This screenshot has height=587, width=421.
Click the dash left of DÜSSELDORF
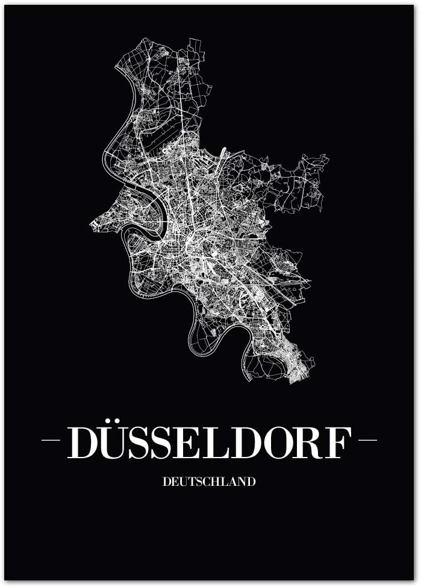[x=51, y=440]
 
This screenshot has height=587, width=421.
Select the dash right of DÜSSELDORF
[x=367, y=440]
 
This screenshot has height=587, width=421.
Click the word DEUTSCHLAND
[x=208, y=482]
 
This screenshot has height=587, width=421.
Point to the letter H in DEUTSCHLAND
[x=219, y=482]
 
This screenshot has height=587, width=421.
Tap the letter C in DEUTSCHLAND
[x=210, y=482]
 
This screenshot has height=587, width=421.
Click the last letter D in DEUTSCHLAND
[x=251, y=482]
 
